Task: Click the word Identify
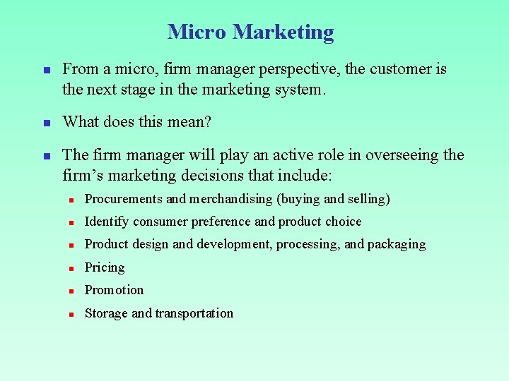(x=107, y=222)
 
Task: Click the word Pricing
(x=105, y=268)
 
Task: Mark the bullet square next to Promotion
(x=72, y=291)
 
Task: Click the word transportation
(x=194, y=313)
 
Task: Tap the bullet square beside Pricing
(x=72, y=268)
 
